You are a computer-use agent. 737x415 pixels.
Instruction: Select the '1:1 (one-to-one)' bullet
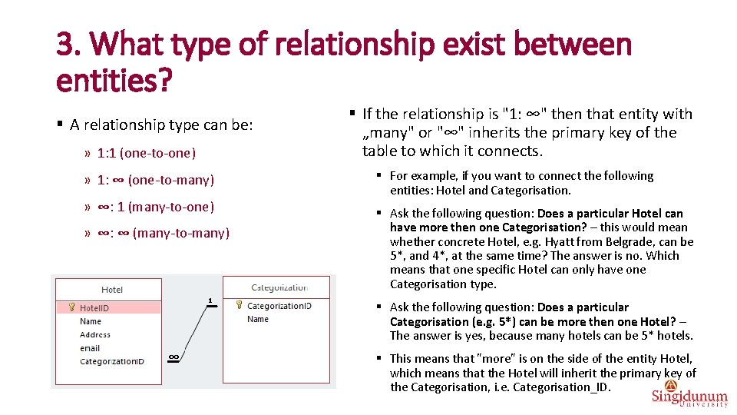point(147,153)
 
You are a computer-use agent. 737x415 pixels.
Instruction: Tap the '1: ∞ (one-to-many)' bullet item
point(155,180)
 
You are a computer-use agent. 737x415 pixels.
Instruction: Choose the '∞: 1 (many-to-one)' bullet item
point(155,207)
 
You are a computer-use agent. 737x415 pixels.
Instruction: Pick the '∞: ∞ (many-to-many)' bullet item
point(163,233)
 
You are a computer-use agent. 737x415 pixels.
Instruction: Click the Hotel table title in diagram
point(112,290)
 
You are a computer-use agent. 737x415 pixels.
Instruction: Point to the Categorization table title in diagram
point(279,287)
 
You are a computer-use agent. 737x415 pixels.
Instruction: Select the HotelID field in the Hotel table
point(94,308)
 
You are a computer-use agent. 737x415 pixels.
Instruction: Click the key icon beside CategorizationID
point(240,306)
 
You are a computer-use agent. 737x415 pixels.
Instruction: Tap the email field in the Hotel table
point(90,348)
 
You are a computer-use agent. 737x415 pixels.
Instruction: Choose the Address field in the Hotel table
point(95,335)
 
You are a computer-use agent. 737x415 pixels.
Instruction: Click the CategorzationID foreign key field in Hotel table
point(111,361)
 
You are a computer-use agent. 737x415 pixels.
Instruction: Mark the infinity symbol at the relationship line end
point(174,357)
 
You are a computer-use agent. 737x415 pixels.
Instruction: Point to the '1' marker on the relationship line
point(210,300)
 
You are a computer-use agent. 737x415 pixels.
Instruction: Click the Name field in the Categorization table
point(258,319)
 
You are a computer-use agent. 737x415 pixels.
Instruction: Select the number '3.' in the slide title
point(68,45)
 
